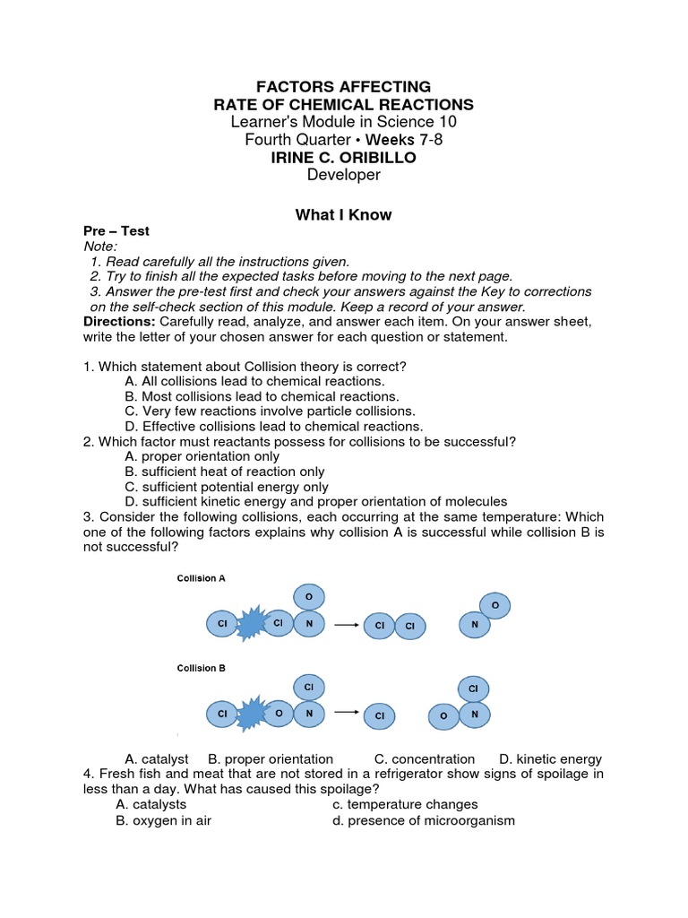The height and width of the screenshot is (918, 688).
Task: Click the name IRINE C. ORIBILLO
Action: coord(344,158)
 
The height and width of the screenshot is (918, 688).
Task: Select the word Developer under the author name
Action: coord(344,175)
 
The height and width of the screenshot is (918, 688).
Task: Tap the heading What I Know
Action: coord(344,215)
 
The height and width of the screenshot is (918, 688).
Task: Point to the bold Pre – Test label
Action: coord(116,231)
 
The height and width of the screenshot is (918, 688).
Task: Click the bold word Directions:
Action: coord(119,321)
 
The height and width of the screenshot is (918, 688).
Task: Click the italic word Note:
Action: coord(100,246)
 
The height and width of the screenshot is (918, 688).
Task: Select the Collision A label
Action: coord(202,578)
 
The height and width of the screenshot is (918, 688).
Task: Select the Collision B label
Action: coord(202,668)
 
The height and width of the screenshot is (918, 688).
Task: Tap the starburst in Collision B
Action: coord(250,714)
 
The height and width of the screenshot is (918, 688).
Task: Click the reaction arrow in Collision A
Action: coord(346,624)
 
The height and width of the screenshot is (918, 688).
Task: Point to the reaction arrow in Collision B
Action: coord(346,714)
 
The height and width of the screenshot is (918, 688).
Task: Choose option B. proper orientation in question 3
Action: coord(271,758)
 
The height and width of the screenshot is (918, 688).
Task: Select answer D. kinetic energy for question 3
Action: coord(550,758)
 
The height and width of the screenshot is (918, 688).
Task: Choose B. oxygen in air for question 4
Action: coord(163,820)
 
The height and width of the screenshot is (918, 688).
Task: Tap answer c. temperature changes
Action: coord(405,804)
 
